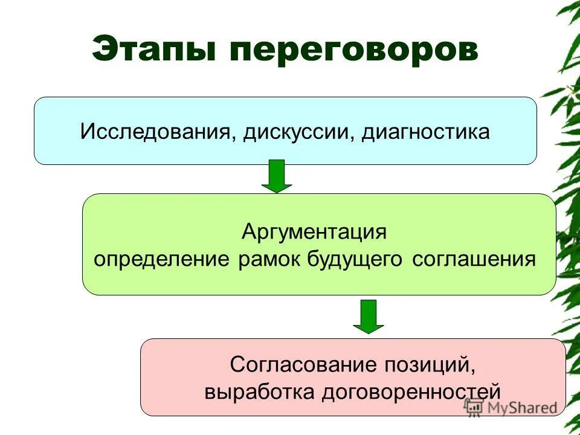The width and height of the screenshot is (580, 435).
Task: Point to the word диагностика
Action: coord(425,132)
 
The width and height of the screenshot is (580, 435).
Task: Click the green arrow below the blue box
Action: coord(277,176)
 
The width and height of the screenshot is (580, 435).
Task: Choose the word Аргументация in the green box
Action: coord(314,231)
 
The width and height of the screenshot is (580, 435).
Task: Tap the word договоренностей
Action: coord(411,391)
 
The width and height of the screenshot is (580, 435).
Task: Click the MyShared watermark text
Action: coord(521,407)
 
